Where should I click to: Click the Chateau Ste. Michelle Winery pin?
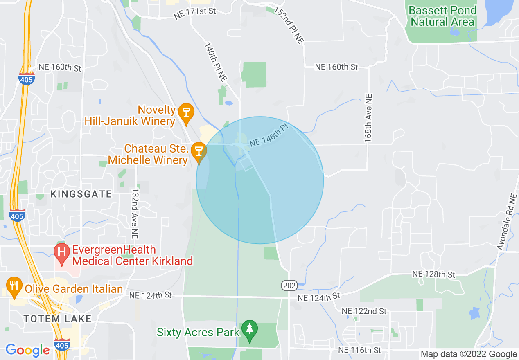click(199, 151)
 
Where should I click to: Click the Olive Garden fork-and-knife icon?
click(15, 286)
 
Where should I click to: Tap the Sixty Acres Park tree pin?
click(249, 329)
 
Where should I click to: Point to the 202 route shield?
click(289, 286)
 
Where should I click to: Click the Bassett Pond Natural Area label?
click(442, 16)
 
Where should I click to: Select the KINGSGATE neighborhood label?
click(81, 194)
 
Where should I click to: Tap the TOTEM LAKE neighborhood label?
click(57, 319)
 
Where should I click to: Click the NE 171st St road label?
click(195, 13)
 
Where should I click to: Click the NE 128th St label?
click(433, 274)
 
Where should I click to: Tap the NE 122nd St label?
click(364, 311)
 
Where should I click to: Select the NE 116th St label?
click(359, 350)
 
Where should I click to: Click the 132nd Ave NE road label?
click(135, 214)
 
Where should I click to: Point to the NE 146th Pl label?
click(269, 136)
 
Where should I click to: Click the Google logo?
click(27, 350)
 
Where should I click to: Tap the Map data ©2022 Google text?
click(469, 354)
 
